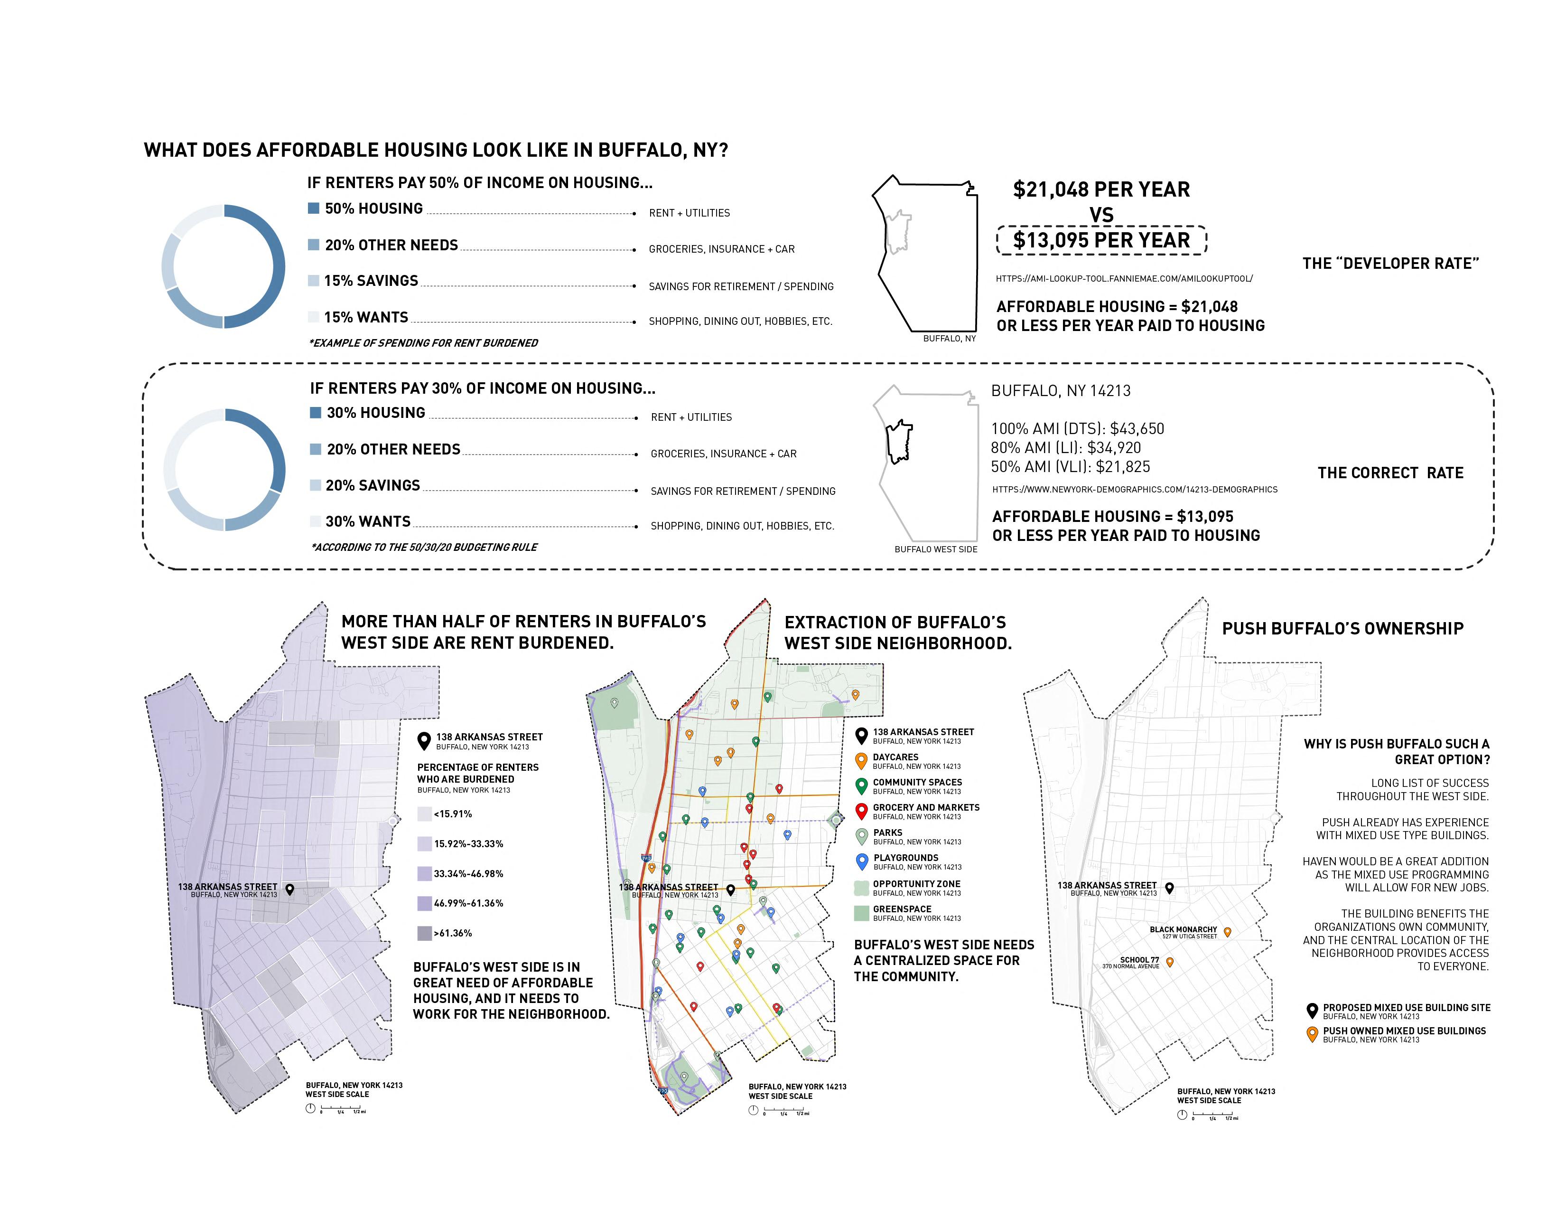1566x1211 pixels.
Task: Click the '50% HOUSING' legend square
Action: point(313,208)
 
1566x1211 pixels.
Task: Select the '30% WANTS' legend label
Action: point(368,521)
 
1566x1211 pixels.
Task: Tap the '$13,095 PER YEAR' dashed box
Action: point(1101,240)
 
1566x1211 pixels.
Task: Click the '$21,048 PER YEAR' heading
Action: point(1101,189)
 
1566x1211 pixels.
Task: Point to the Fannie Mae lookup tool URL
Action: point(1124,278)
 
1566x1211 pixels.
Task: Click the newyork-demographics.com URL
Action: point(1134,489)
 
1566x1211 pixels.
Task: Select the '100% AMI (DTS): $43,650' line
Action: point(1077,429)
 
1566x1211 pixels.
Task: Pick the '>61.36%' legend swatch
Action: point(425,933)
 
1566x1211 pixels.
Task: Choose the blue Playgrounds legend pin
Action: point(862,861)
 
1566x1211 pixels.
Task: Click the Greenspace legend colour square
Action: point(862,913)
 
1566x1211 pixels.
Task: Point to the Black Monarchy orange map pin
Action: point(1228,932)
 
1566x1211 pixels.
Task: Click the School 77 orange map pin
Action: point(1170,962)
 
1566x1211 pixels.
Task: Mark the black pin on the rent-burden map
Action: point(289,889)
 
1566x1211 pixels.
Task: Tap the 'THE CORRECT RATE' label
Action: point(1390,473)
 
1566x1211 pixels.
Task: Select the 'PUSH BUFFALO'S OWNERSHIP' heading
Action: point(1342,628)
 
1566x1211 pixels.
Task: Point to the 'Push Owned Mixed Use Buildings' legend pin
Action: point(1312,1034)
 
